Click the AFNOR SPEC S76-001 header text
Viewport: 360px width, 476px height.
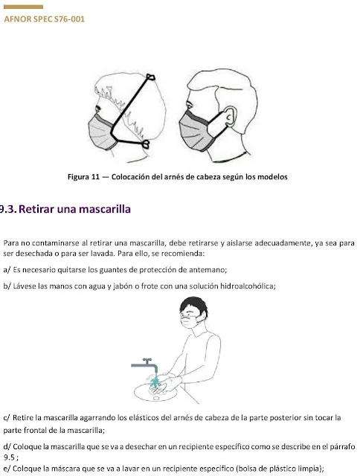(x=45, y=19)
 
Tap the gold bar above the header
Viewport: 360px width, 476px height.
(x=23, y=7)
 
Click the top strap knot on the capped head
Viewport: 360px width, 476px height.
(x=151, y=77)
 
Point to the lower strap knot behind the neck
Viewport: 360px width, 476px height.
(x=146, y=144)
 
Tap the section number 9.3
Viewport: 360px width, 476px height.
(x=7, y=209)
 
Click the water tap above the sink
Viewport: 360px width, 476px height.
(x=145, y=365)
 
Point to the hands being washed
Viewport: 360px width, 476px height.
(x=161, y=383)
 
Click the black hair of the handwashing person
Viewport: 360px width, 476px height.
(x=194, y=306)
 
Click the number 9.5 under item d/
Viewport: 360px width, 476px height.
(x=9, y=457)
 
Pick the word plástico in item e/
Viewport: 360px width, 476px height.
(x=280, y=469)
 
